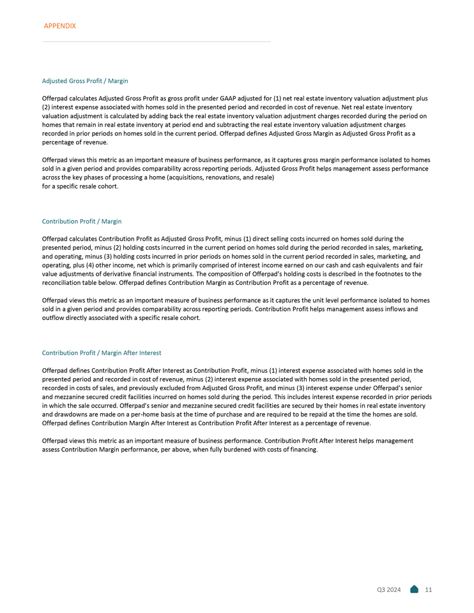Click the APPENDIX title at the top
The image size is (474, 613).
pyautogui.click(x=59, y=26)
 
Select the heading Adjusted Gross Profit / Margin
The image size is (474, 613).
pyautogui.click(x=85, y=81)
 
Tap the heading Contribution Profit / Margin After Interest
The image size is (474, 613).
pyautogui.click(x=102, y=352)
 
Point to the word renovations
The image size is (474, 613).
pyautogui.click(x=199, y=176)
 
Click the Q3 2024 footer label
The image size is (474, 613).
pyautogui.click(x=388, y=589)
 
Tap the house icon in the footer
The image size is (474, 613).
pyautogui.click(x=414, y=589)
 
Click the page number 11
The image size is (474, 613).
pyautogui.click(x=428, y=589)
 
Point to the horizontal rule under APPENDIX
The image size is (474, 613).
pyautogui.click(x=157, y=42)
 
